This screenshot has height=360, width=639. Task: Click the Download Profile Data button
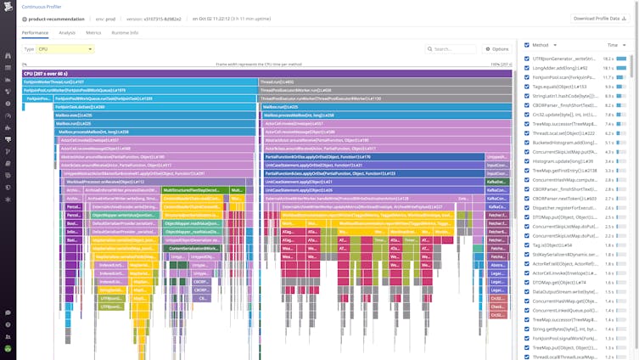(x=599, y=18)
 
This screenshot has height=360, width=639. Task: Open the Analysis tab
(x=67, y=32)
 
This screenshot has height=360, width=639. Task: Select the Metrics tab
(x=93, y=32)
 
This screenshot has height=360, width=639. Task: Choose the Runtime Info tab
(x=125, y=32)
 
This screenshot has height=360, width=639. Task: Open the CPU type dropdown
(x=65, y=49)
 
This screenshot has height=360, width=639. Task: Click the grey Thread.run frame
(x=385, y=82)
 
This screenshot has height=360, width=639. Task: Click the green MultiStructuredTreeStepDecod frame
(x=192, y=190)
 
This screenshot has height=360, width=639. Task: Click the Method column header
(x=540, y=45)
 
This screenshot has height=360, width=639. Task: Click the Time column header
(x=613, y=45)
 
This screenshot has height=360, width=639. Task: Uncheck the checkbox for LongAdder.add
(x=527, y=68)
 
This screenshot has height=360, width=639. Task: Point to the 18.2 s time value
(x=608, y=59)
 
